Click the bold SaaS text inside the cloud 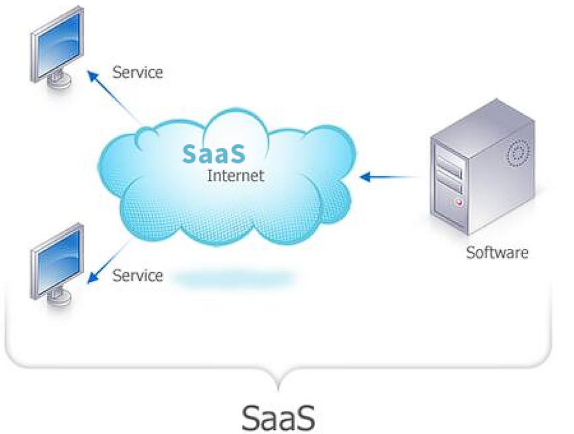[x=214, y=153]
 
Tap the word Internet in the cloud [x=236, y=176]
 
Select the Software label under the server [x=497, y=253]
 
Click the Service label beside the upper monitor [x=137, y=72]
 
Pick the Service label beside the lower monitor [x=137, y=275]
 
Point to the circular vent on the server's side [x=517, y=154]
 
